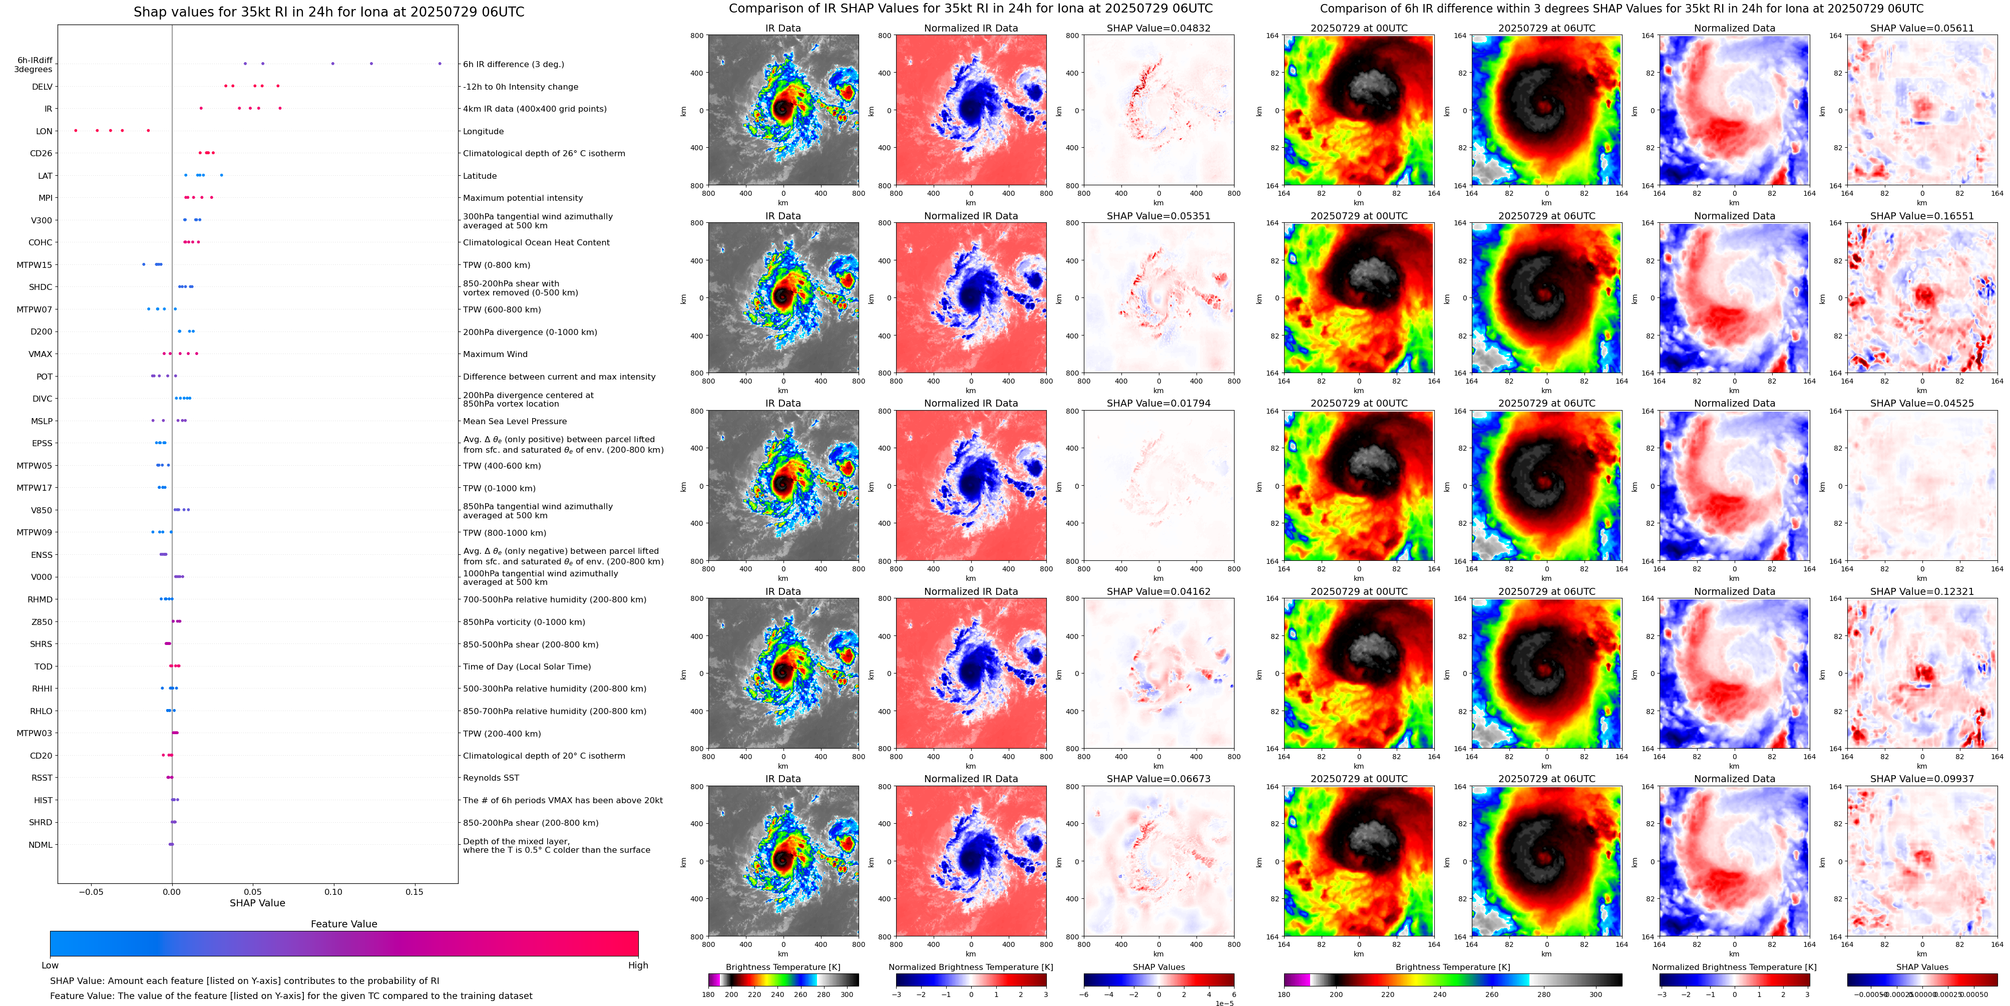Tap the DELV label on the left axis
click(42, 87)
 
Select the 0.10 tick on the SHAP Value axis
click(333, 891)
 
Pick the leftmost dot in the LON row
click(76, 130)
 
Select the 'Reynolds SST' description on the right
click(491, 778)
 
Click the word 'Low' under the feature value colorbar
click(50, 965)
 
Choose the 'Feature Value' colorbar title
click(343, 924)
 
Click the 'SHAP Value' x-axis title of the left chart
click(257, 903)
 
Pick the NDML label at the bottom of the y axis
click(41, 844)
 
